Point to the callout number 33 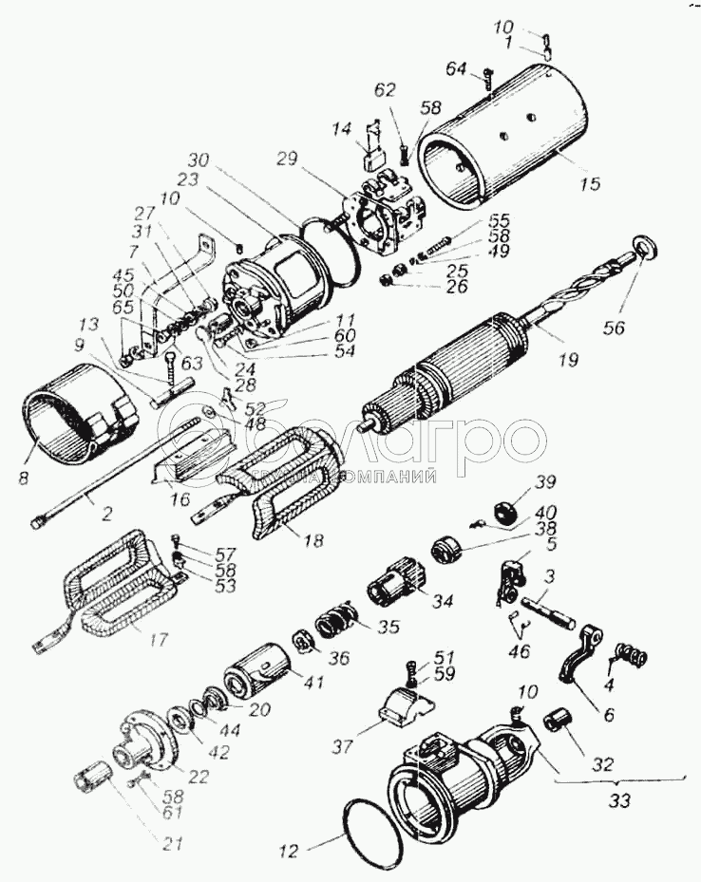618,800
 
